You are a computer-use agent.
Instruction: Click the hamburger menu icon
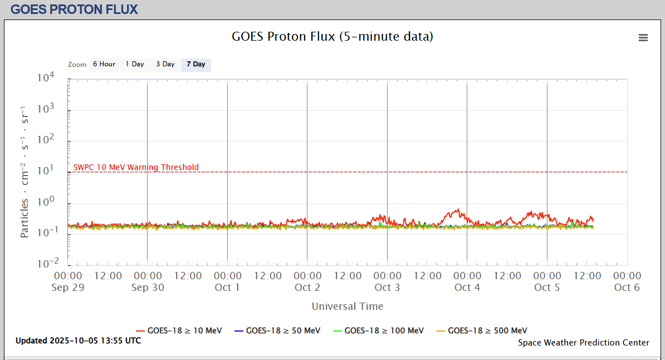(x=643, y=38)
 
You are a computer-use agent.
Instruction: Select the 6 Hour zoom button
(x=104, y=65)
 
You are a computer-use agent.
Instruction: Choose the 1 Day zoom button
(x=135, y=65)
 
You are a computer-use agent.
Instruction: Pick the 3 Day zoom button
(x=165, y=65)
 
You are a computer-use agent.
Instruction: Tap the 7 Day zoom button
(x=196, y=65)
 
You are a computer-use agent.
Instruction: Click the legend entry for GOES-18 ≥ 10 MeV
(x=179, y=330)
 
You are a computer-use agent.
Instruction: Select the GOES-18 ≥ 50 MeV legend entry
(x=277, y=330)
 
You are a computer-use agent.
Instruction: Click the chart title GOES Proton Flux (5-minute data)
(x=332, y=37)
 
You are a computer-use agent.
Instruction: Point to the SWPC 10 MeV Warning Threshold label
(x=136, y=167)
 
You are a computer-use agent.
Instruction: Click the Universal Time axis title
(x=347, y=306)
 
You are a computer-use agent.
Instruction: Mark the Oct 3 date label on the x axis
(x=387, y=288)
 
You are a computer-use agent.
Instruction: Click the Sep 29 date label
(x=67, y=288)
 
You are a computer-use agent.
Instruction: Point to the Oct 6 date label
(x=627, y=288)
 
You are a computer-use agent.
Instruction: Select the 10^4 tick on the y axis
(x=45, y=78)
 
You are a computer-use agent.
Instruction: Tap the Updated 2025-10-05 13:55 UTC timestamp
(x=78, y=340)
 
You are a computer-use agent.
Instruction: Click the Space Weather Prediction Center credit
(x=583, y=343)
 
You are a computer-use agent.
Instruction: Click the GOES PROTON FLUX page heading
(x=74, y=9)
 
